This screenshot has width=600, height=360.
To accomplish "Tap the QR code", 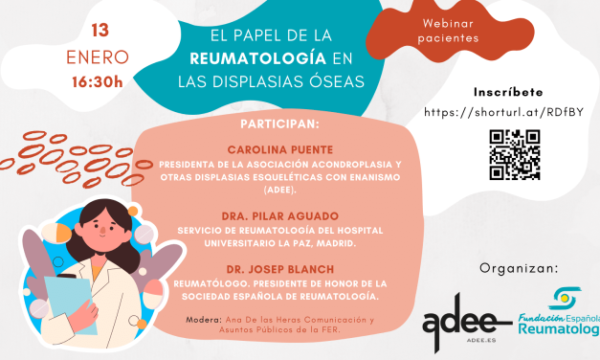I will point(515,153).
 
